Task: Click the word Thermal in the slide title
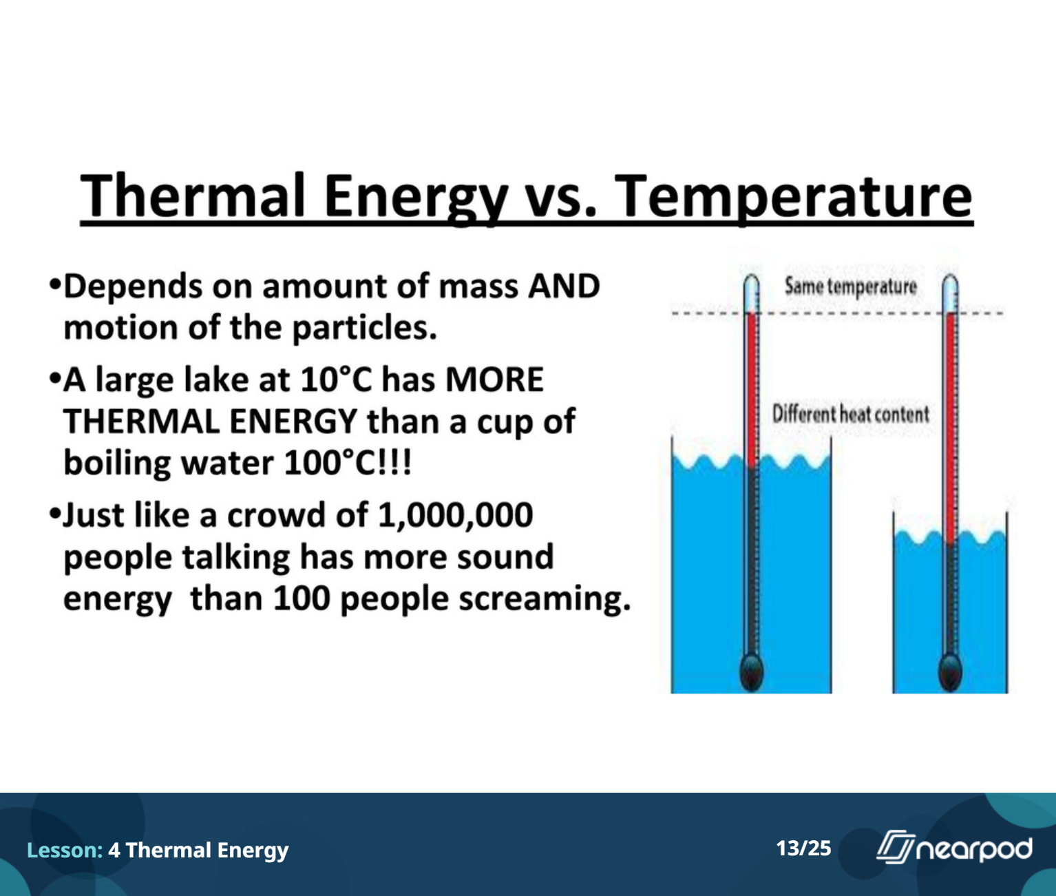[193, 196]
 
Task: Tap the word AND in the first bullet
[564, 286]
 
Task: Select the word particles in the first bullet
[364, 328]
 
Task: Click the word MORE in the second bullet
[494, 379]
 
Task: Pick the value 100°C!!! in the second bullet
[348, 463]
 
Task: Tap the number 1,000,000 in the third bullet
[455, 515]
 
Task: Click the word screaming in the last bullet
[545, 599]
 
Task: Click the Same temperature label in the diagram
[851, 286]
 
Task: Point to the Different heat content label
[850, 414]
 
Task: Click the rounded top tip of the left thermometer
[752, 276]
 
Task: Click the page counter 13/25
[803, 848]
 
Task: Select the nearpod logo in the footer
[954, 847]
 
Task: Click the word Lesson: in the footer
[65, 850]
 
